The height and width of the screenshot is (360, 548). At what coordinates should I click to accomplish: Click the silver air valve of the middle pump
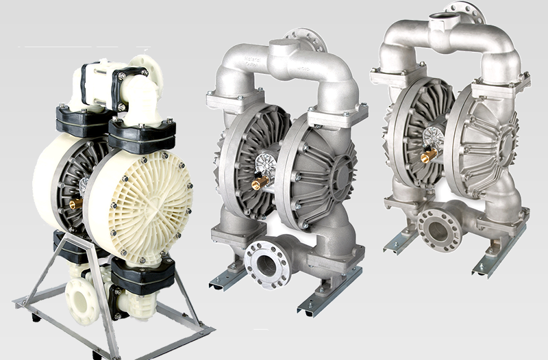click(264, 164)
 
